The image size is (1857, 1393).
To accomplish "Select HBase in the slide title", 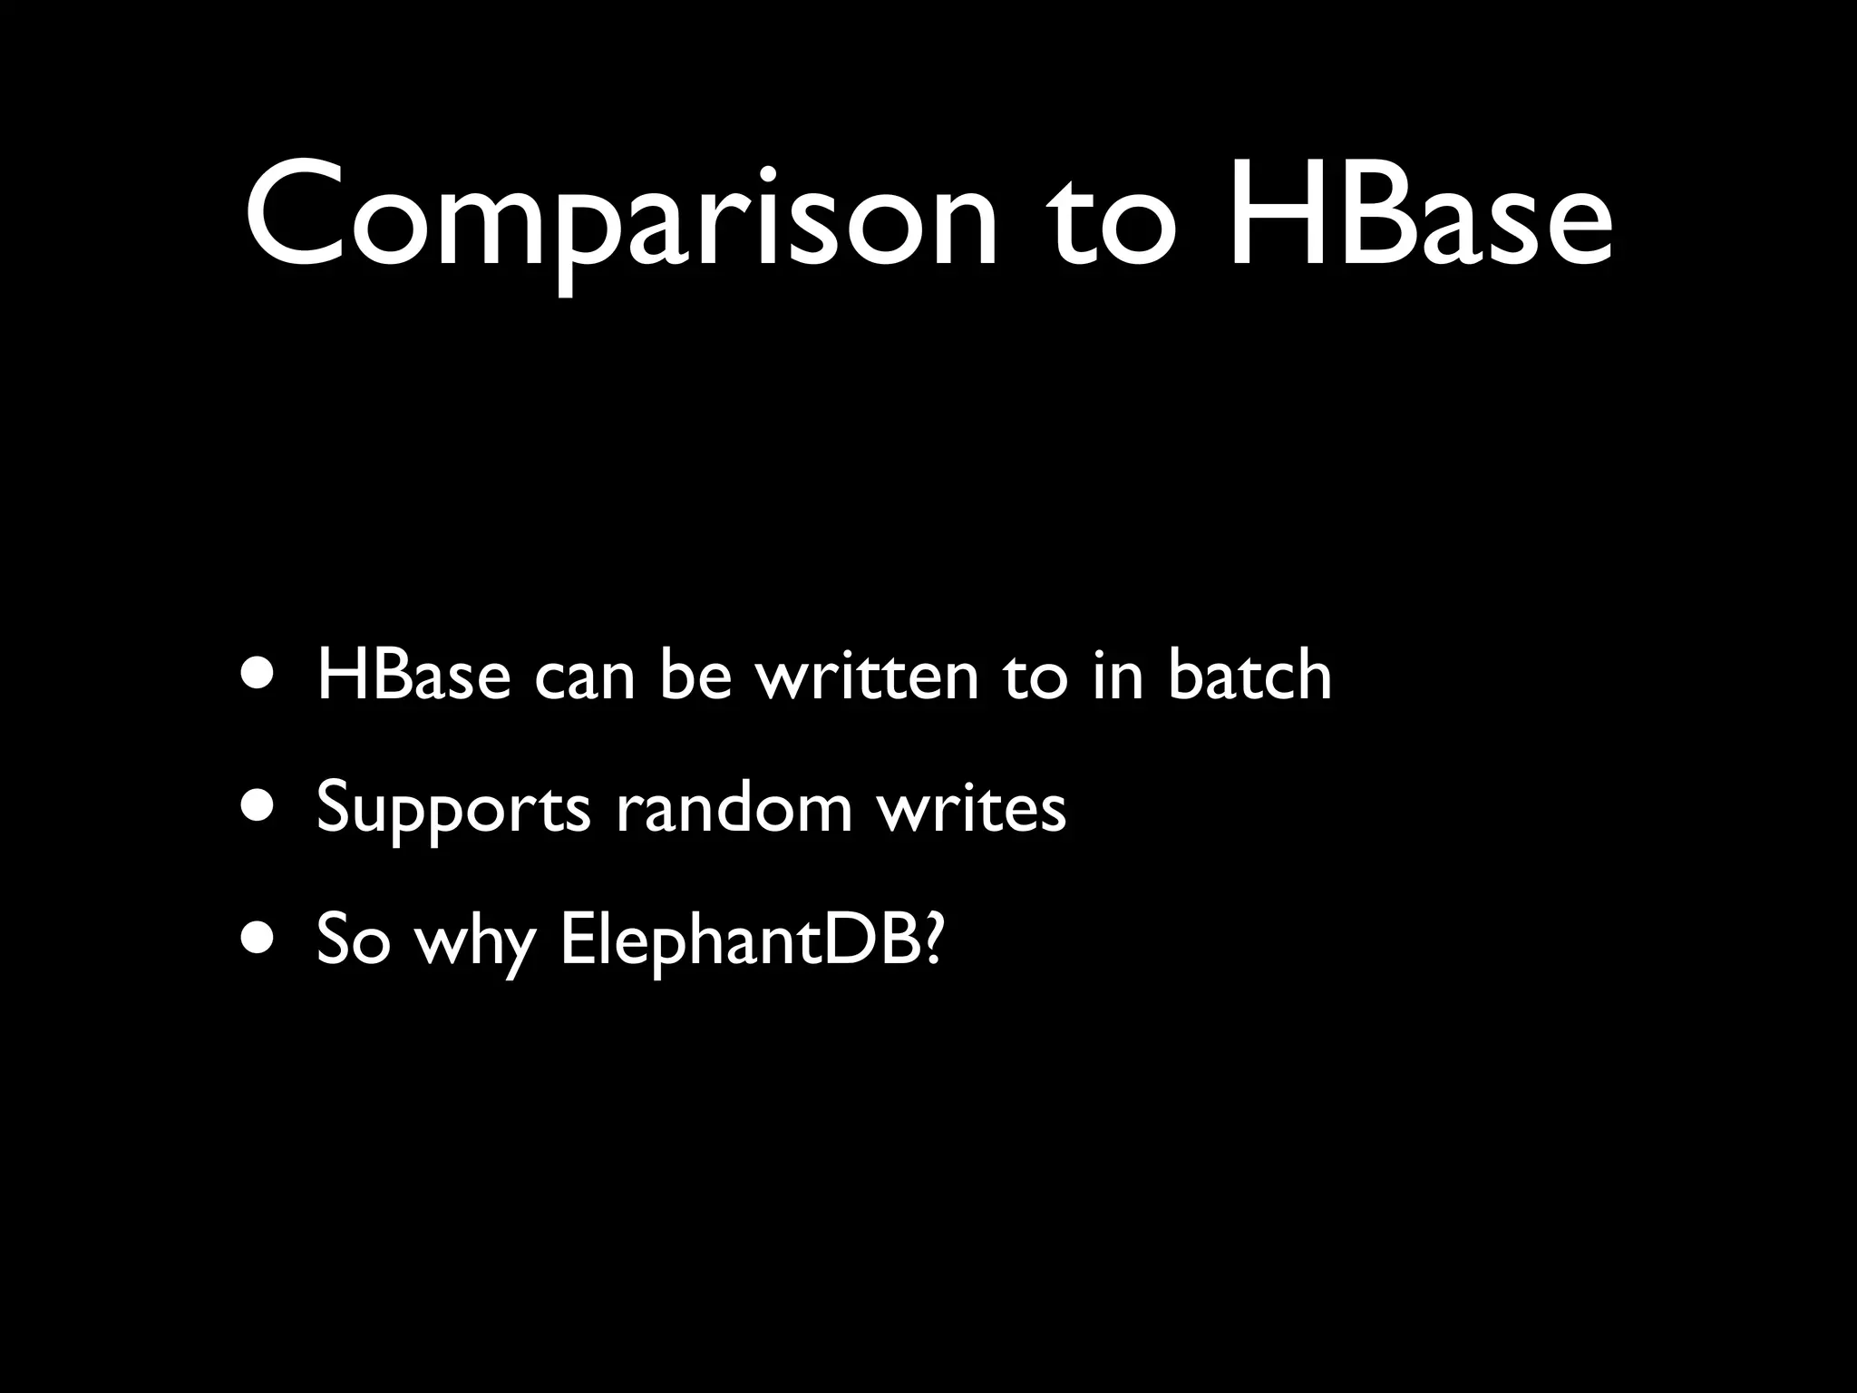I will (x=1420, y=218).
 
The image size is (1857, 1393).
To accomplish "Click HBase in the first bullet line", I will (x=413, y=676).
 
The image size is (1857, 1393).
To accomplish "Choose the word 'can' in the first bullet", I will (x=584, y=678).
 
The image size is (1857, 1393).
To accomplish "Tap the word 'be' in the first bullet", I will (x=695, y=676).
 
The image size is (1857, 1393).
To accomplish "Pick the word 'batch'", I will (x=1249, y=676).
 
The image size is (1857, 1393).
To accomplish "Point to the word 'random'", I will (x=734, y=807).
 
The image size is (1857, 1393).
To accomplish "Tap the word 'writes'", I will (x=971, y=807).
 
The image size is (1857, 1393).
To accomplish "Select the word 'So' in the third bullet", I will (x=353, y=940).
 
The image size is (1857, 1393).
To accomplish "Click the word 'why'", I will (x=474, y=943).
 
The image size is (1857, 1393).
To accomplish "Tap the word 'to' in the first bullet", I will (x=1035, y=677).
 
